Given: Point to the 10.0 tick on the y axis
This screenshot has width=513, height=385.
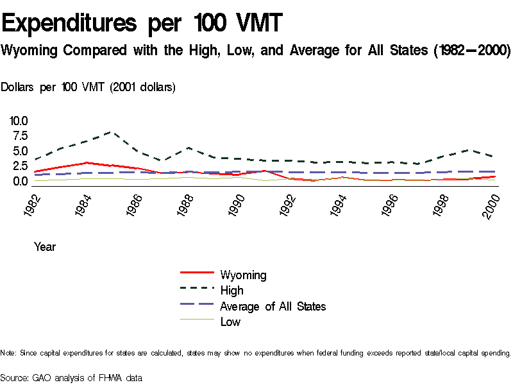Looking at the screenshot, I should pyautogui.click(x=19, y=121).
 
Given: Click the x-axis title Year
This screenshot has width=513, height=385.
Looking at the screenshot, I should pyautogui.click(x=45, y=247).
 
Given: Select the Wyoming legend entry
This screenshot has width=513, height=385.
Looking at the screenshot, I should pyautogui.click(x=243, y=275).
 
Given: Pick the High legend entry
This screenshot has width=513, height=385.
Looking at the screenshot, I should pyautogui.click(x=231, y=291).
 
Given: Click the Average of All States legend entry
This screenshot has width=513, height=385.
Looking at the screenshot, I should pyautogui.click(x=273, y=306).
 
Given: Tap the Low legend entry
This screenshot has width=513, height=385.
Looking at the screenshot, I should pyautogui.click(x=230, y=321).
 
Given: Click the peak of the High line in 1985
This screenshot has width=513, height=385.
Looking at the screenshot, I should pyautogui.click(x=112, y=132).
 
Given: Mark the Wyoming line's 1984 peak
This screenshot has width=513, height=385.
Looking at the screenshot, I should pyautogui.click(x=86, y=163).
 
